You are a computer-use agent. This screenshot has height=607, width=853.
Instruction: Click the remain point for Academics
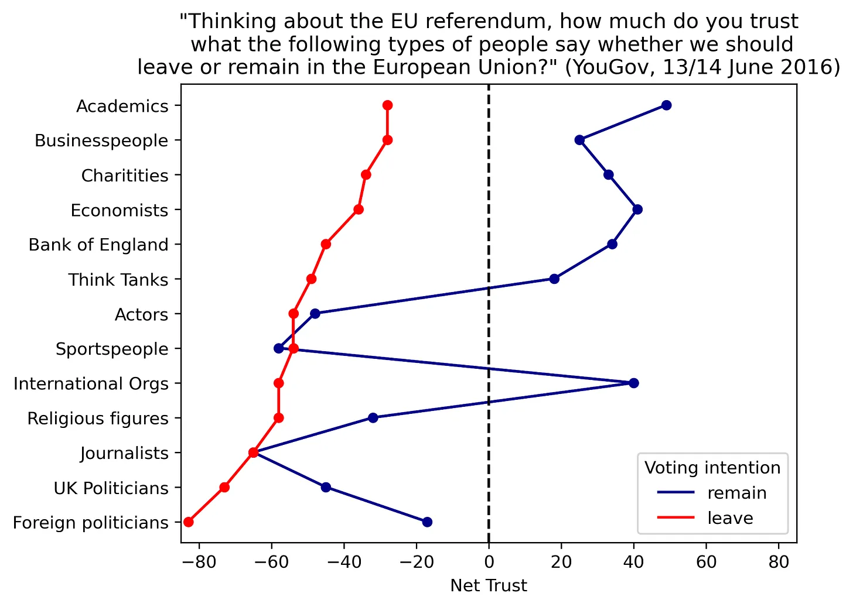click(666, 105)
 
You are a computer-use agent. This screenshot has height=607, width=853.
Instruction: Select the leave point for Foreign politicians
click(188, 522)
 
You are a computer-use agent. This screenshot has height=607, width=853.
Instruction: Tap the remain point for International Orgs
click(633, 383)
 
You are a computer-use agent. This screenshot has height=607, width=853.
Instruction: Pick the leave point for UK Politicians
click(224, 488)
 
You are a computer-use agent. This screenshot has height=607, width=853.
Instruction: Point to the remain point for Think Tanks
click(554, 279)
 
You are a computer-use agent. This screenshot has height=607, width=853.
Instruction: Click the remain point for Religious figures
click(373, 418)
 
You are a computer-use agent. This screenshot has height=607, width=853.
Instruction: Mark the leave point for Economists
click(359, 210)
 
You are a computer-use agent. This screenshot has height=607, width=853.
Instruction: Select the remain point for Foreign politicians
click(427, 522)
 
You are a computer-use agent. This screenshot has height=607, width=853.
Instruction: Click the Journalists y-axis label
click(124, 453)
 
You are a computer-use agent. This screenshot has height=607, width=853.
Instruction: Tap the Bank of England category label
click(98, 245)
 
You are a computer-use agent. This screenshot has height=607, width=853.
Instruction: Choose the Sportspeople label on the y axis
click(112, 349)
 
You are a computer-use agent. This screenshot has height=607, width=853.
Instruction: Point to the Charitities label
click(125, 176)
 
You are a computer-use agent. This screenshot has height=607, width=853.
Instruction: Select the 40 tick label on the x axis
click(633, 563)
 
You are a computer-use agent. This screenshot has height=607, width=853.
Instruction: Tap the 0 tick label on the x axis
click(489, 563)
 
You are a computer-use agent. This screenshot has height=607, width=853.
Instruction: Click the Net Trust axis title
click(489, 586)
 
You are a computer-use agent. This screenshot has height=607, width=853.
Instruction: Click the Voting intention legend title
click(712, 468)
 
